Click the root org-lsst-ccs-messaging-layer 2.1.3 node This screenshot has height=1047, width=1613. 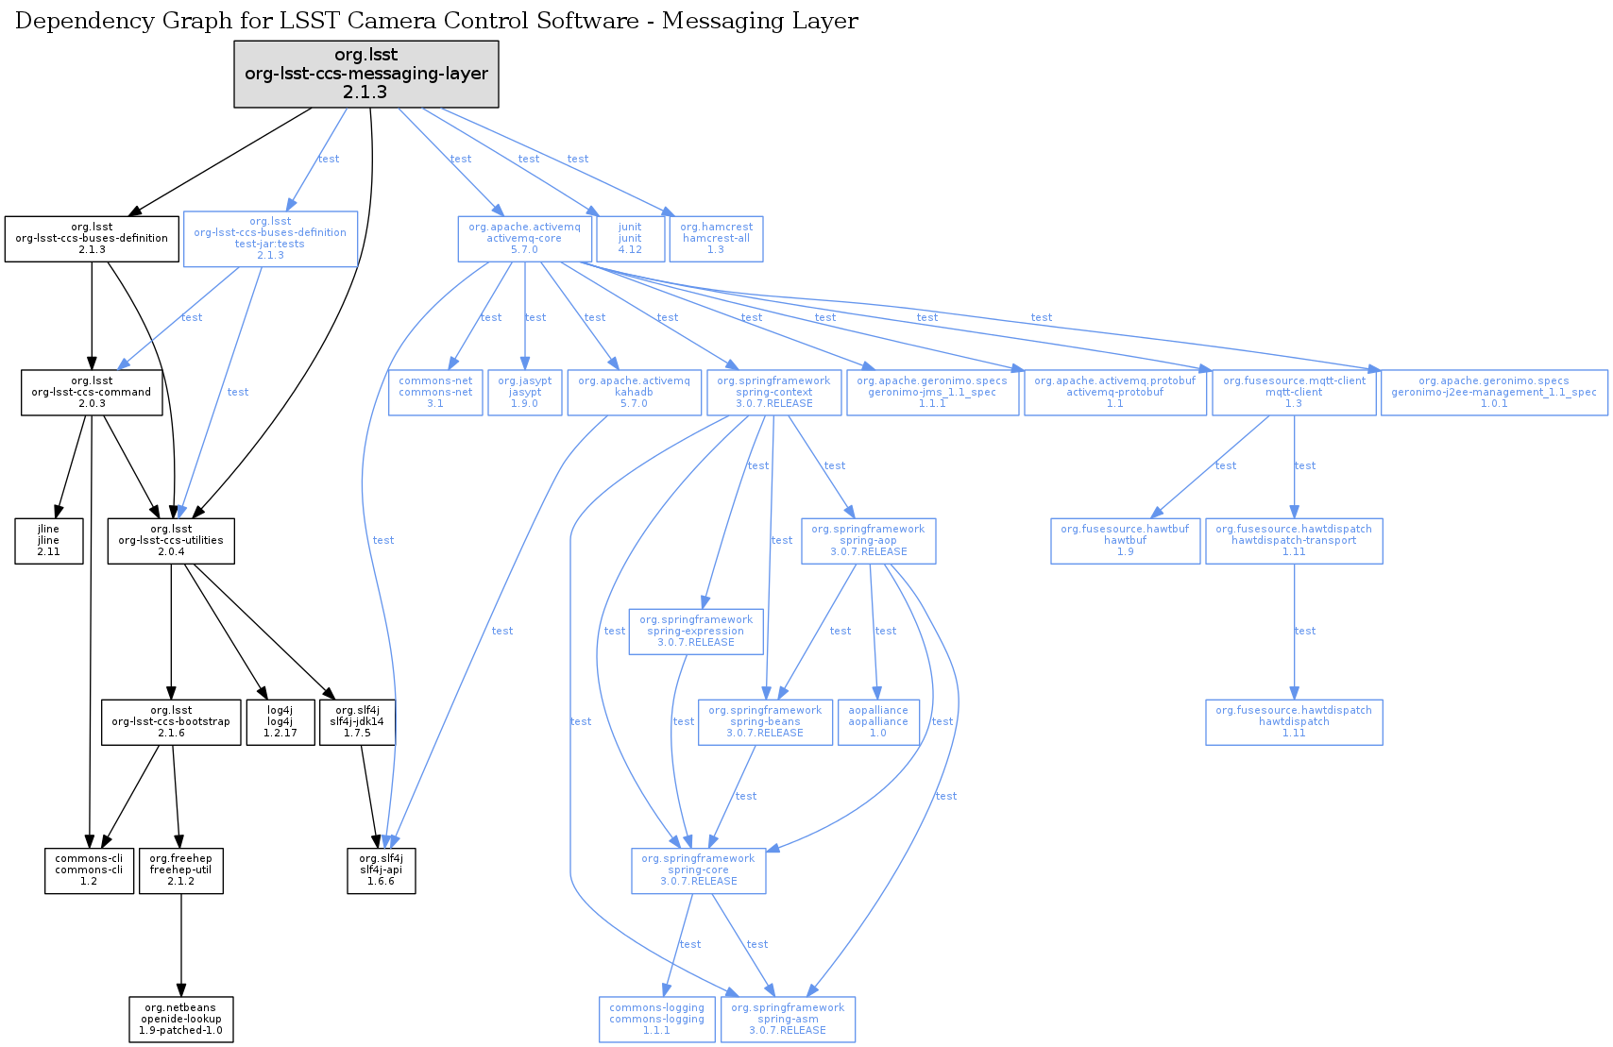coord(366,74)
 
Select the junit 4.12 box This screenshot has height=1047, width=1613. coord(630,239)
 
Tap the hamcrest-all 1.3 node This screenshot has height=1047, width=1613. coord(716,239)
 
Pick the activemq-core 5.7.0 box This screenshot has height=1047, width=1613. coord(524,239)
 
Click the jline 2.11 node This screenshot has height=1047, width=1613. coord(48,541)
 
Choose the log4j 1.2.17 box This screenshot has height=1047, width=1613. coord(280,722)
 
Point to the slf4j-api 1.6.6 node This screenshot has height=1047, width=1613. coord(381,870)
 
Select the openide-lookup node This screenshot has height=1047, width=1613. coord(181,1020)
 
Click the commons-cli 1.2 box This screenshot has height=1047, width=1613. coord(89,870)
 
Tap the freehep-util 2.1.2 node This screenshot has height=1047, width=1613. coord(180,870)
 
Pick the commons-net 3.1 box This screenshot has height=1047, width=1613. coord(435,393)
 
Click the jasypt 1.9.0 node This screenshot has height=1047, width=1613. coord(525,393)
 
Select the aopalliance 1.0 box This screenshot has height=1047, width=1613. coord(878,722)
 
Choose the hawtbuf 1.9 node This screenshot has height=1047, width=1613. coord(1125,541)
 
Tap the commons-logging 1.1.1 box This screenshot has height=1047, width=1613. coord(656,1020)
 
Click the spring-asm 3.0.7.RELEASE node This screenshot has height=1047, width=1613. coord(788,1020)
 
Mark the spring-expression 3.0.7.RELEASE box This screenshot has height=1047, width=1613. coord(696,632)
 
